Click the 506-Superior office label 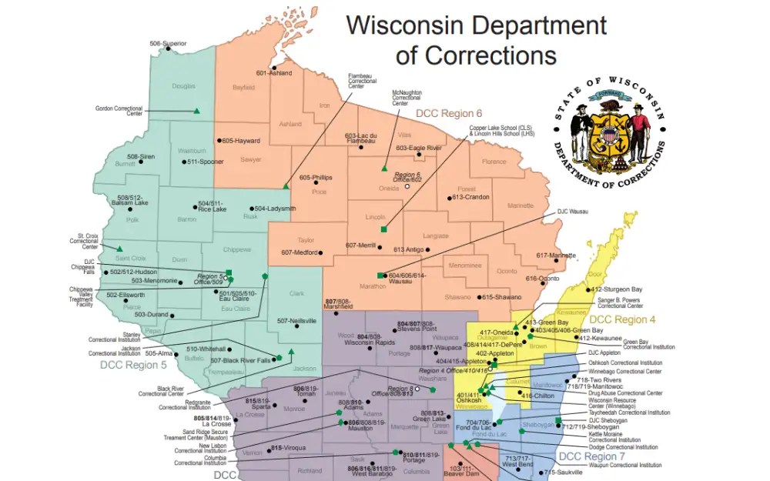point(168,44)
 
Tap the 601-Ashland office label point(274,73)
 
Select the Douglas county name point(183,86)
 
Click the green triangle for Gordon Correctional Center point(196,112)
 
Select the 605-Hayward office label point(240,141)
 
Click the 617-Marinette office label point(556,256)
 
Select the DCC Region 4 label point(622,319)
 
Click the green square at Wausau point(380,276)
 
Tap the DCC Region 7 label point(591,457)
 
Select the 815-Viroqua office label point(289,448)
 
